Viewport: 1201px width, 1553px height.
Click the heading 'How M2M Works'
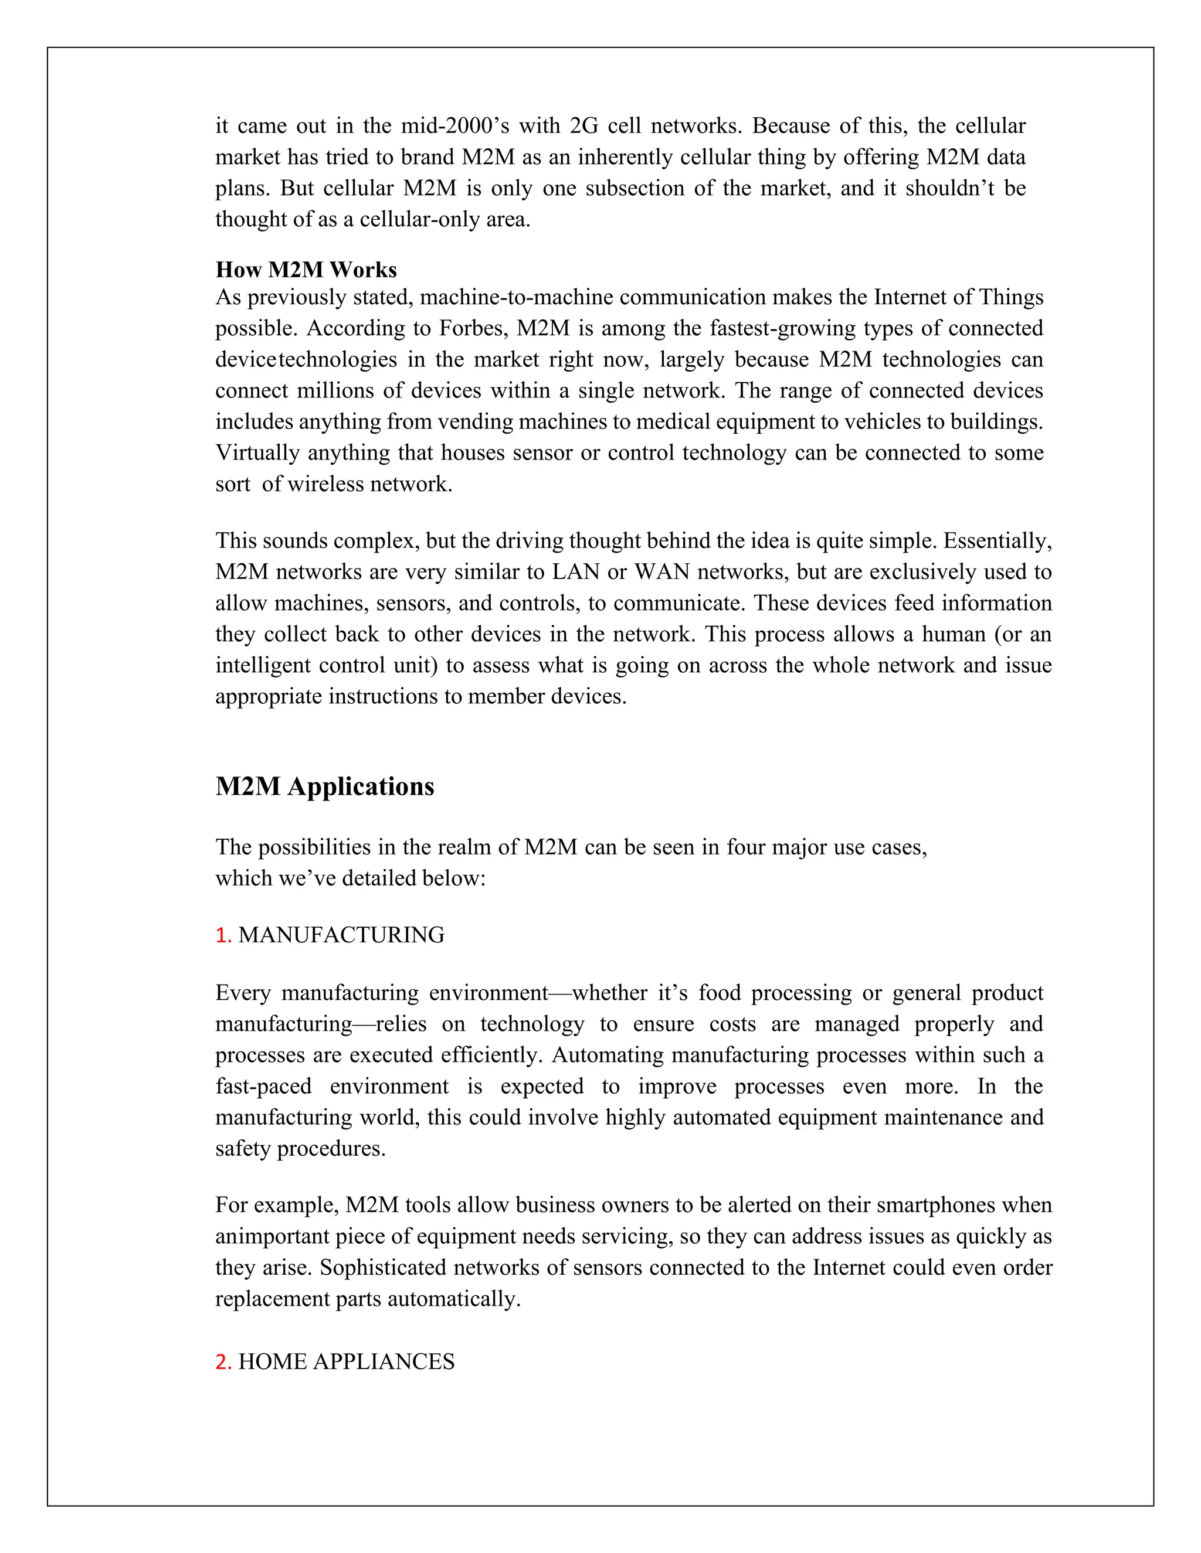click(x=306, y=270)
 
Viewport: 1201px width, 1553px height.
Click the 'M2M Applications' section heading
click(x=324, y=786)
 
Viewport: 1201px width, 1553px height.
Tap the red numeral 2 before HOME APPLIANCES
click(x=222, y=1361)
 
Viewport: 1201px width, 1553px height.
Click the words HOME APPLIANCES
click(x=347, y=1361)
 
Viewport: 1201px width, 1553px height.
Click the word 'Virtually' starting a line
click(x=257, y=453)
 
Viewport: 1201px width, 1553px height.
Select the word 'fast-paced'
click(x=263, y=1086)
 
